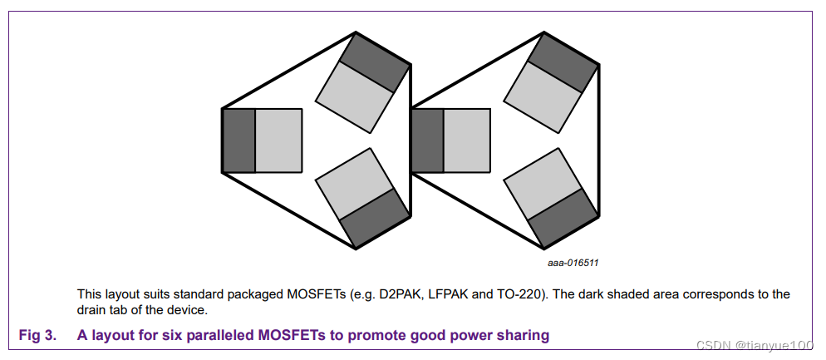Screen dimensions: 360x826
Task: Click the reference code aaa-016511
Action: [x=573, y=263]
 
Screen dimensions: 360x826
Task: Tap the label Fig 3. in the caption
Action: [x=37, y=336]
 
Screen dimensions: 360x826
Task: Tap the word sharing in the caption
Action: [x=522, y=336]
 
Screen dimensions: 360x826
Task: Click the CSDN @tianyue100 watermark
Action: [x=755, y=344]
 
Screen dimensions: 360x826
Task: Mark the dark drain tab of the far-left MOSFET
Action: [x=238, y=141]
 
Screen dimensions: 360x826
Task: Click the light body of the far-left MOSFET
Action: [x=278, y=141]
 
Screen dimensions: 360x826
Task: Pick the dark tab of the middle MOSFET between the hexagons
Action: [x=427, y=141]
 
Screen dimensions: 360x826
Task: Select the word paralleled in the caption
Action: [x=219, y=336]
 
